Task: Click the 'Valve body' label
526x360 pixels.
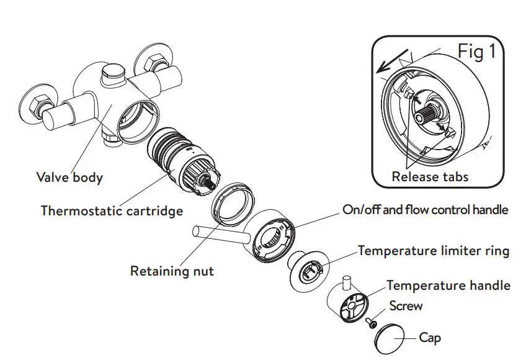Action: tap(69, 178)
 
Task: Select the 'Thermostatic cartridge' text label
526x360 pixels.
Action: tap(112, 210)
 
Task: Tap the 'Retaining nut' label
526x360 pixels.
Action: tap(172, 271)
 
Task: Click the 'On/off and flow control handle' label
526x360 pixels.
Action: tap(425, 210)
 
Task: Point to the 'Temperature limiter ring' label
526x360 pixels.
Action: tap(434, 251)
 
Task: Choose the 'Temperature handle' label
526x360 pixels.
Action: tap(448, 286)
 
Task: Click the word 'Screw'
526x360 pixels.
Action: tap(406, 305)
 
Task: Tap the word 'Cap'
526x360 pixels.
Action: tap(430, 338)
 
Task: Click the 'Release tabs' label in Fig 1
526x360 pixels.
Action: tap(430, 176)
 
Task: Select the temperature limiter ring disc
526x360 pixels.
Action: tap(308, 269)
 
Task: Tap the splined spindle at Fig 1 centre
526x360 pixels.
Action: tap(429, 116)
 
